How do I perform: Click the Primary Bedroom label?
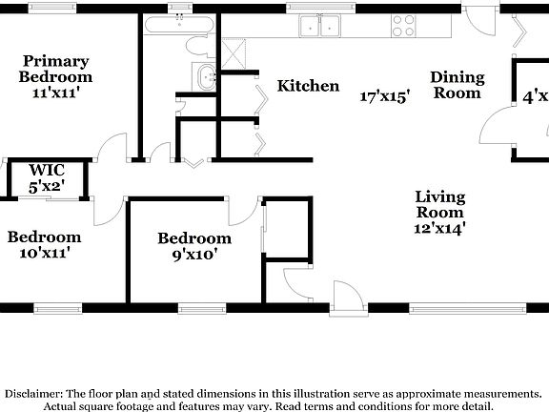pyautogui.click(x=56, y=69)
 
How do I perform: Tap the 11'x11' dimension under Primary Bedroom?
pyautogui.click(x=56, y=93)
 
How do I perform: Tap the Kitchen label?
pyautogui.click(x=308, y=87)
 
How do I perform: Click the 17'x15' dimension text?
pyautogui.click(x=385, y=96)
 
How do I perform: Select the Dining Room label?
pyautogui.click(x=457, y=85)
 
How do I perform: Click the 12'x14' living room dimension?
pyautogui.click(x=439, y=228)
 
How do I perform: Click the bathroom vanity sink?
pyautogui.click(x=204, y=77)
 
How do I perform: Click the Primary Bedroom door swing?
pyautogui.click(x=112, y=150)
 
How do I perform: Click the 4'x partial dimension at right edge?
pyautogui.click(x=534, y=96)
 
